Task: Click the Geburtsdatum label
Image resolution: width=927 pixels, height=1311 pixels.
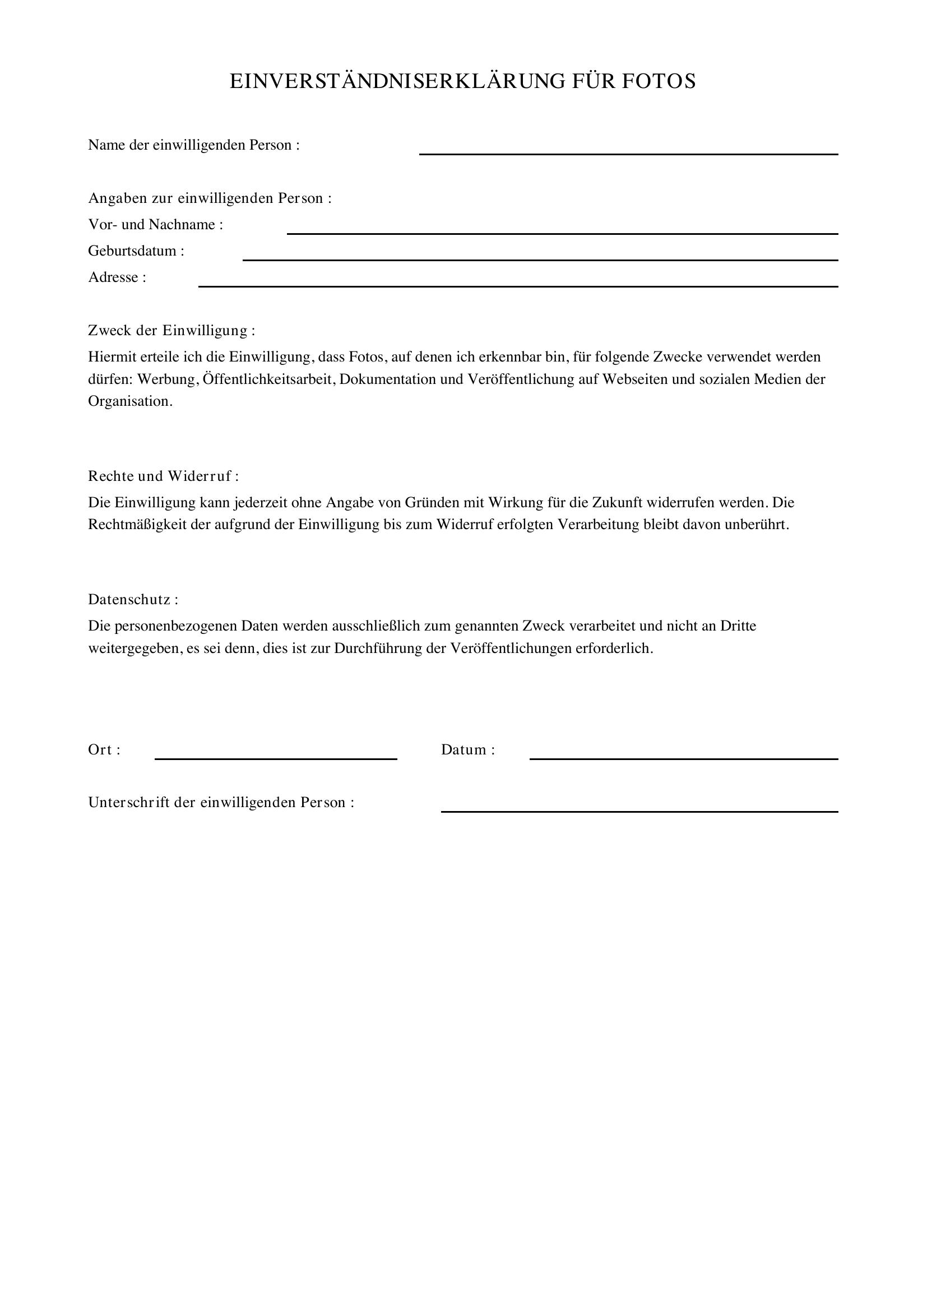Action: [x=136, y=251]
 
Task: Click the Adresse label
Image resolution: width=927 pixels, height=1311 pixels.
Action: [x=117, y=277]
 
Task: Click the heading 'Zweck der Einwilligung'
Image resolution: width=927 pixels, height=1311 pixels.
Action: [x=172, y=331]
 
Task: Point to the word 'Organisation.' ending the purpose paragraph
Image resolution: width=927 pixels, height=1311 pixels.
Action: [x=130, y=401]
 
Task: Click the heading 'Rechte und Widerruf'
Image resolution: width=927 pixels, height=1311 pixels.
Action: [x=163, y=476]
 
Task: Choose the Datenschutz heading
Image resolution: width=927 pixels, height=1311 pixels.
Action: [x=132, y=600]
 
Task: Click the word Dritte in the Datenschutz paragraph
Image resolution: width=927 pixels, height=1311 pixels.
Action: [x=738, y=627]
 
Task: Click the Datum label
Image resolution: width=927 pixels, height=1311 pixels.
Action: [x=467, y=751]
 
